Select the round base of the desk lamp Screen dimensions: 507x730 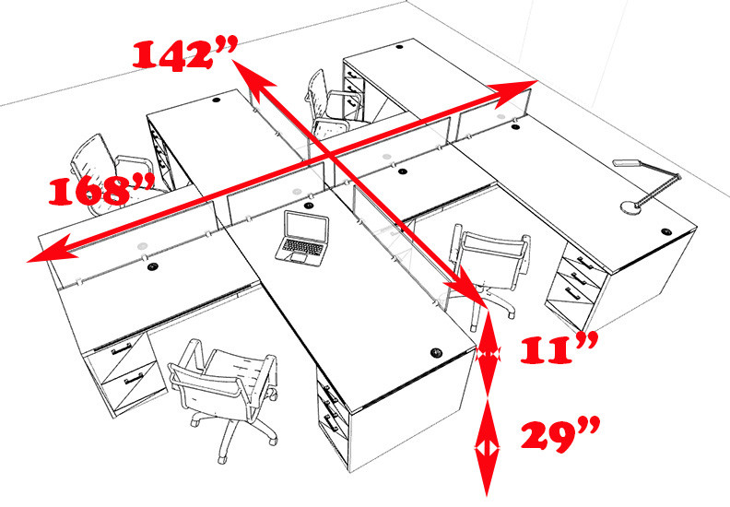(x=631, y=206)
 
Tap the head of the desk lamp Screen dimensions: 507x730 (x=627, y=162)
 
